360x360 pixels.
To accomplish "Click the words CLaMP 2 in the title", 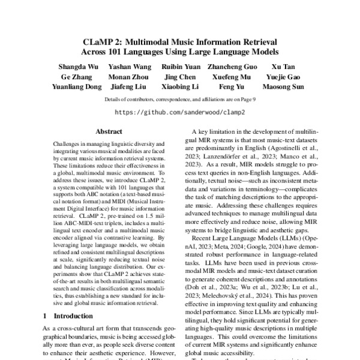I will (x=105, y=43).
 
